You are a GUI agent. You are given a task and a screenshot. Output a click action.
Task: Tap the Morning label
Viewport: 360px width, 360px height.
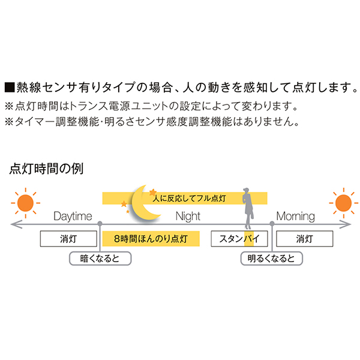295,216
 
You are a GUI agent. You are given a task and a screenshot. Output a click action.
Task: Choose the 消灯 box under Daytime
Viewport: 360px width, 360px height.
68,238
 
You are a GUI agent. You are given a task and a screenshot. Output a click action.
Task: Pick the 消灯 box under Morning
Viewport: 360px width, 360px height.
304,238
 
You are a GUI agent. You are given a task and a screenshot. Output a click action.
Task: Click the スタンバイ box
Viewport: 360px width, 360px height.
239,238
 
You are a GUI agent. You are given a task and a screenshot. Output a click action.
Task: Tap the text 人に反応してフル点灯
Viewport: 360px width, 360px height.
188,197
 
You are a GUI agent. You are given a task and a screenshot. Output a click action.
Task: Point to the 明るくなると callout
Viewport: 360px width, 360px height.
271,259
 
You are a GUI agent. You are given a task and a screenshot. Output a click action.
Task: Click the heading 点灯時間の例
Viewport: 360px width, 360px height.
47,168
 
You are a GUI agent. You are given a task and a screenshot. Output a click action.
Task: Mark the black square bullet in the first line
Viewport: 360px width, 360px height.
10,88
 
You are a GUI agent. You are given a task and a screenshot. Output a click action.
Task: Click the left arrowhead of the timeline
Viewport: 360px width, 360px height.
13,224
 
